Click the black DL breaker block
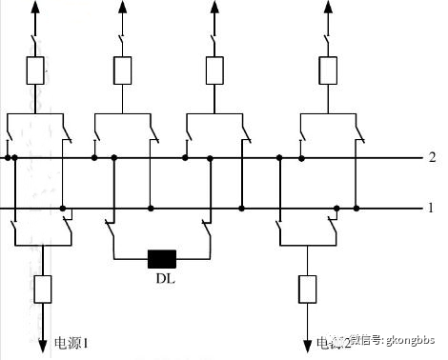[162, 258]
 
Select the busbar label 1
[432, 208]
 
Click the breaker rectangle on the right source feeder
[307, 288]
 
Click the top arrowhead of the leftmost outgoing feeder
[35, 8]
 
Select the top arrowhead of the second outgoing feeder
[122, 8]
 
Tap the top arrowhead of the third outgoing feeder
[214, 8]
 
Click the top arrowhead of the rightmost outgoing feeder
[329, 8]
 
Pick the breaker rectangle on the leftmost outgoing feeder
[35, 70]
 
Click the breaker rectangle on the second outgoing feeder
[122, 70]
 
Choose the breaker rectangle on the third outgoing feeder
[214, 70]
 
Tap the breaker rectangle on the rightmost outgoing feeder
[329, 70]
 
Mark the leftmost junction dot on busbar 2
[8, 157]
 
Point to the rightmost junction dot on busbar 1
[356, 208]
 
